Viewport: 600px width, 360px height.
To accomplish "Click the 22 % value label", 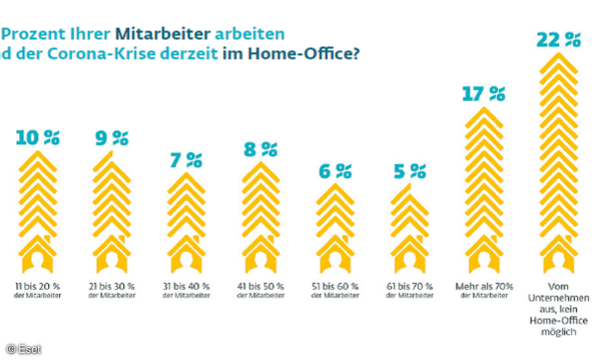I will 558,39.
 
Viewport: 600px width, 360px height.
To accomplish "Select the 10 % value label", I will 37,137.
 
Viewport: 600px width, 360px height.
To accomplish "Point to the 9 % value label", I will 111,137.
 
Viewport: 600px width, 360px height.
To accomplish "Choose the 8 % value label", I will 260,149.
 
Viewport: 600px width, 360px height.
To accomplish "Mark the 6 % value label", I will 335,171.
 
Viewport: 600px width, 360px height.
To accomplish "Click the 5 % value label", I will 409,171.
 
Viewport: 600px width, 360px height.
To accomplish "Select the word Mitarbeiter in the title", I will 163,34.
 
